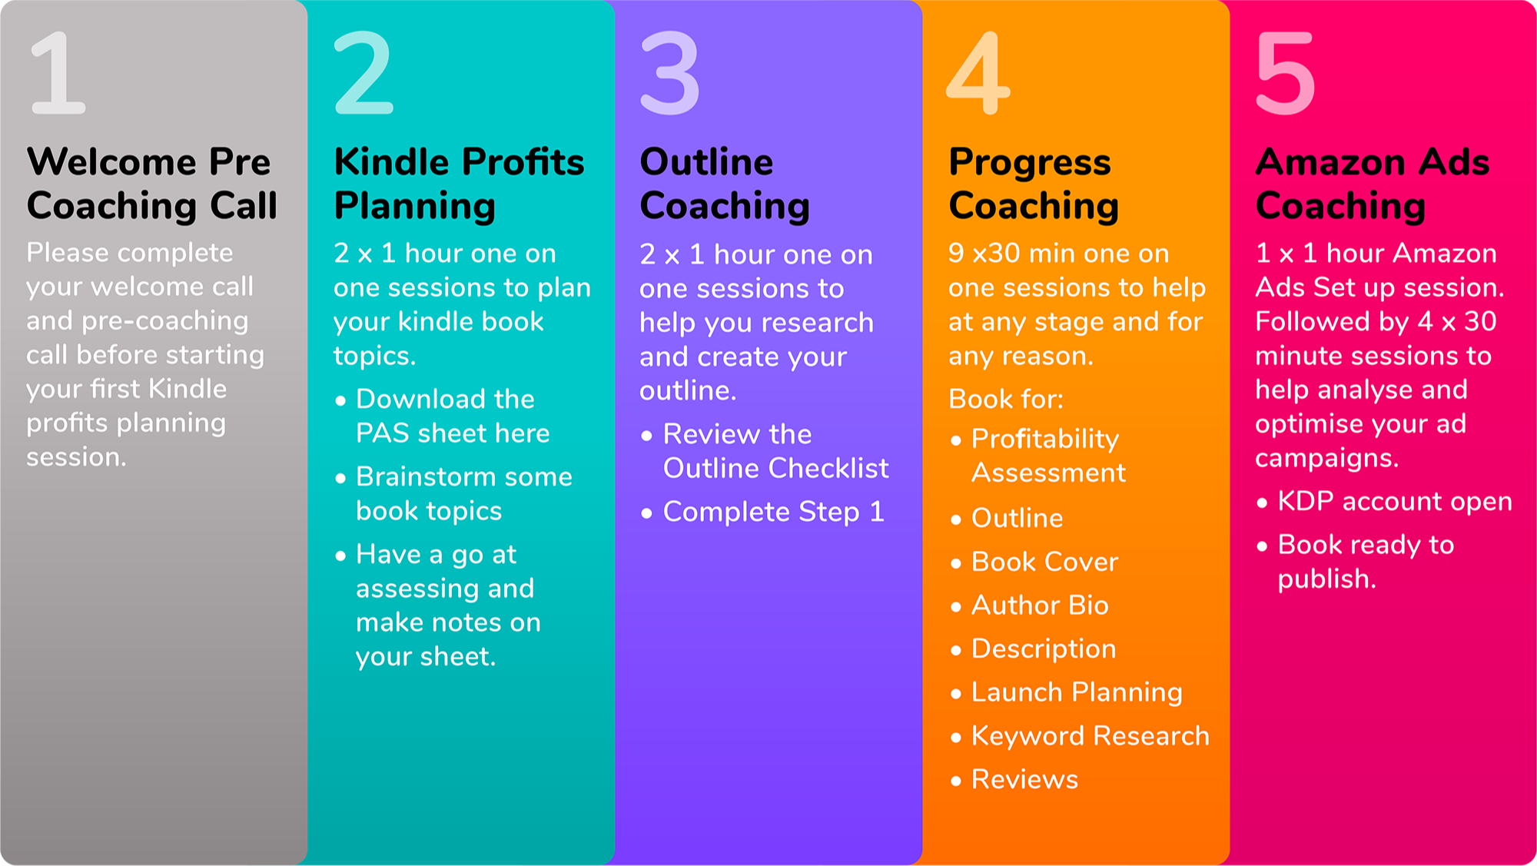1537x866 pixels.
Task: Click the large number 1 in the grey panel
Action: click(59, 74)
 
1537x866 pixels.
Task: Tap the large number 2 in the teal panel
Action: click(364, 74)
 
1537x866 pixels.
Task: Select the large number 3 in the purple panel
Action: click(670, 74)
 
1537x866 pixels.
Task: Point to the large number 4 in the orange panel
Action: click(978, 74)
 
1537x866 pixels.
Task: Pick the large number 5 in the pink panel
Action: click(1286, 74)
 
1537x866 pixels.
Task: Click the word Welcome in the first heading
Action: click(111, 161)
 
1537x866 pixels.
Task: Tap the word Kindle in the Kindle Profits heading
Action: click(391, 161)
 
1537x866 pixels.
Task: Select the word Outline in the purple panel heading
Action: click(707, 161)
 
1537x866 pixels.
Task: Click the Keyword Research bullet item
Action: click(1091, 736)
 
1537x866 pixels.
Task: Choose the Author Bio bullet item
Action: click(1040, 606)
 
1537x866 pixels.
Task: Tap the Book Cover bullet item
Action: click(1044, 562)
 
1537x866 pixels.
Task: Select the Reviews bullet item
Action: click(1024, 780)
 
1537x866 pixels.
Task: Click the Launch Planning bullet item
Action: click(1077, 693)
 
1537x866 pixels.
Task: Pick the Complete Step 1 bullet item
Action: click(774, 512)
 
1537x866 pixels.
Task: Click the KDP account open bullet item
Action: click(1395, 502)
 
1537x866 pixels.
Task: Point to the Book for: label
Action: click(1006, 399)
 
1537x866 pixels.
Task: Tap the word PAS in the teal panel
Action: click(382, 433)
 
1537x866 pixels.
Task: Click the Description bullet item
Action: click(1044, 649)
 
